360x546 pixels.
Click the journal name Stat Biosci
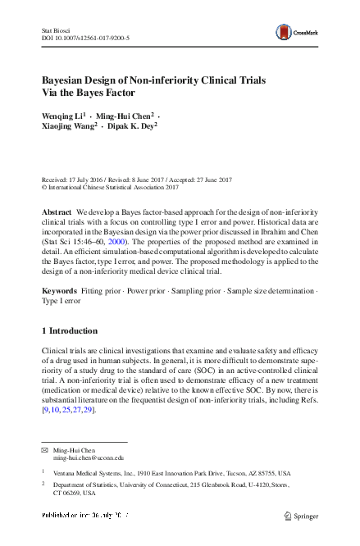coord(57,30)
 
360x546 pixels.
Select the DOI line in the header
coord(85,38)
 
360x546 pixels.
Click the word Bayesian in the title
coord(71,81)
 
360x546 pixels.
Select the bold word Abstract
coord(57,212)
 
